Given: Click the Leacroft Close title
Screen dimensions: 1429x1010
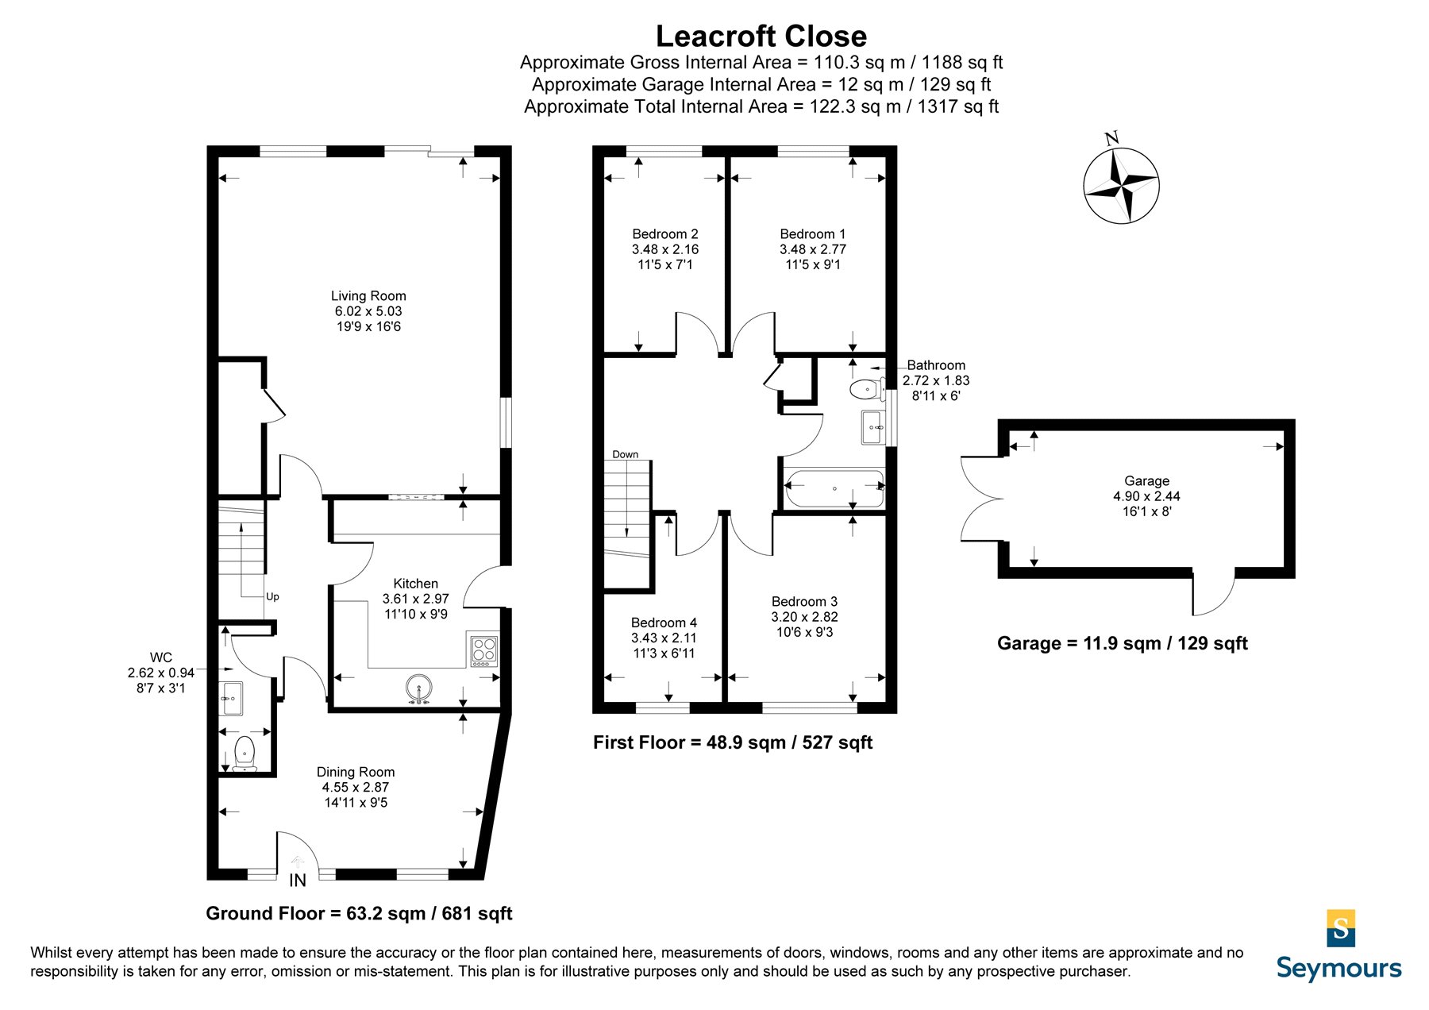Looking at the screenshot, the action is click(x=761, y=37).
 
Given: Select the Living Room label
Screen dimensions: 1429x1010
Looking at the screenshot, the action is click(x=368, y=296).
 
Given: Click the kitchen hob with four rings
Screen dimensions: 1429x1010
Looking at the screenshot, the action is click(x=484, y=650).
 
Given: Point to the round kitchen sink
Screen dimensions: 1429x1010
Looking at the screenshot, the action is click(x=418, y=688).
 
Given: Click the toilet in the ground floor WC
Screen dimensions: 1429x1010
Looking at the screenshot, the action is click(x=245, y=753).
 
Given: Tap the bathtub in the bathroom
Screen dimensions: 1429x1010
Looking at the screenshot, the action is click(x=834, y=489).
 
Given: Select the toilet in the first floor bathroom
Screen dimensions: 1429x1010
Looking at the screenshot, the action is click(x=867, y=389).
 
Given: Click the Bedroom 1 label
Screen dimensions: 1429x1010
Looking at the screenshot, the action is click(x=813, y=234).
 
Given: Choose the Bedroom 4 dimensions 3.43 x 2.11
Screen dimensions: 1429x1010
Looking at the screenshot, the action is click(x=664, y=638).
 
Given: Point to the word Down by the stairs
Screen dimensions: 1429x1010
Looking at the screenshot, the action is click(x=626, y=454).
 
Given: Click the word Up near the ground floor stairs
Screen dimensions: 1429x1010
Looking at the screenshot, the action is click(x=272, y=596).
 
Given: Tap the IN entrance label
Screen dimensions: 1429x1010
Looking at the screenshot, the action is click(x=297, y=880).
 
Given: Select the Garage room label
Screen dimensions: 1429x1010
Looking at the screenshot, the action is click(x=1146, y=481).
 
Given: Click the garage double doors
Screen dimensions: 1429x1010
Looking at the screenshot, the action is click(x=982, y=499).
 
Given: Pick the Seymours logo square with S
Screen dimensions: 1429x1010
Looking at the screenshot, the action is click(x=1341, y=928).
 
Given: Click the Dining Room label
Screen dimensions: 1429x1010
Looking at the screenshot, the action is click(x=356, y=772).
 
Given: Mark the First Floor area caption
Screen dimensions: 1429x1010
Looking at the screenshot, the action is click(x=733, y=742).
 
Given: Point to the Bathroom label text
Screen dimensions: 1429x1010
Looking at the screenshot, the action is click(x=936, y=365).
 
